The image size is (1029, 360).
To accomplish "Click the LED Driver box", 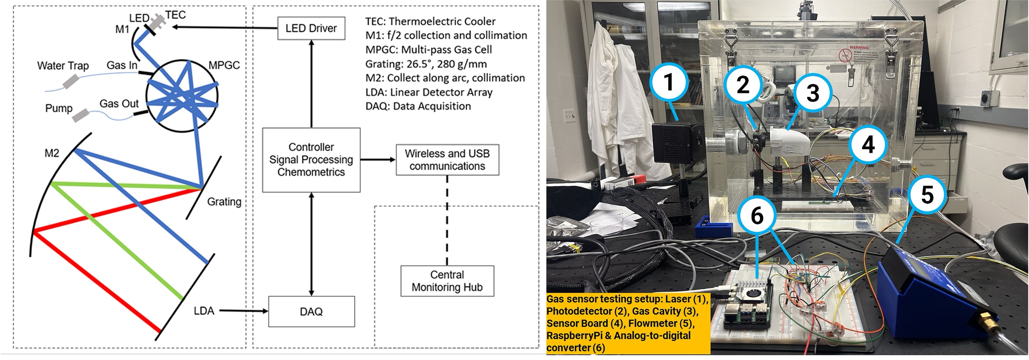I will pyautogui.click(x=311, y=28).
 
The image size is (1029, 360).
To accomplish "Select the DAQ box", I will pyautogui.click(x=311, y=312).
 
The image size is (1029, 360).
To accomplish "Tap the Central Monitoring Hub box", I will pyautogui.click(x=447, y=281).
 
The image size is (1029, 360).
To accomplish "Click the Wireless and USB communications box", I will pyautogui.click(x=447, y=160).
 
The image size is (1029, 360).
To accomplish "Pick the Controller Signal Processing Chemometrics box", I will pyautogui.click(x=311, y=160).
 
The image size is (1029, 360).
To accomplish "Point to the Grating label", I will pyautogui.click(x=224, y=202).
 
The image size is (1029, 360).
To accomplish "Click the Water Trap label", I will pyautogui.click(x=63, y=66).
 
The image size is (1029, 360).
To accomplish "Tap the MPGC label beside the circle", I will pyautogui.click(x=224, y=65).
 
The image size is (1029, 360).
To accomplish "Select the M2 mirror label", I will pyautogui.click(x=52, y=153).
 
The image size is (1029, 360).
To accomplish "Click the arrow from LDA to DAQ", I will pyautogui.click(x=244, y=311).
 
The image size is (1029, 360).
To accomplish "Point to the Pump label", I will pyautogui.click(x=59, y=108).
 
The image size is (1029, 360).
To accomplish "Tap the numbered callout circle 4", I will pyautogui.click(x=868, y=144).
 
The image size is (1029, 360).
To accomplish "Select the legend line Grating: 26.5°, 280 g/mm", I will pyautogui.click(x=426, y=64).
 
